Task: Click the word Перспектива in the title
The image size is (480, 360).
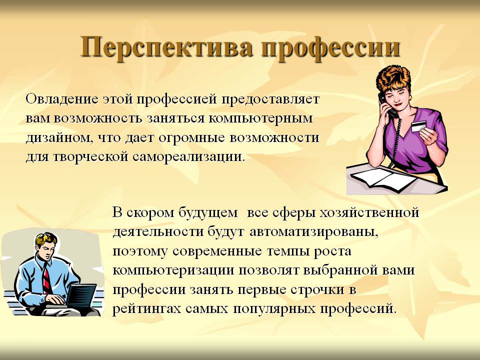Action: pos(166,48)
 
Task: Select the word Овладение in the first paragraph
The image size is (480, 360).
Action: pos(62,99)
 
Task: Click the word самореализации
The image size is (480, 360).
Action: pos(189,156)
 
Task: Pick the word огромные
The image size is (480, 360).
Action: pos(192,138)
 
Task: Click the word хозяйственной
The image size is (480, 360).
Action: pos(369,212)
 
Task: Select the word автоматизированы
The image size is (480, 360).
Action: pos(314,232)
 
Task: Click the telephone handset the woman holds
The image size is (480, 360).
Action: pos(386,105)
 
